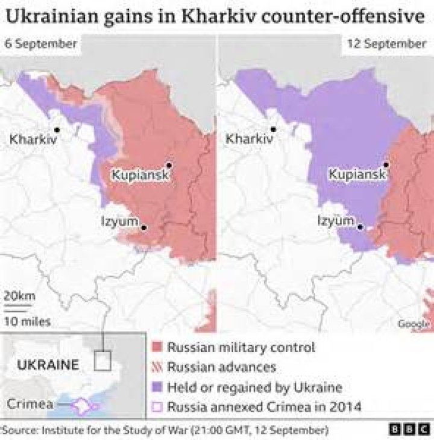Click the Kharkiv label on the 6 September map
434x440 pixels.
(x=34, y=139)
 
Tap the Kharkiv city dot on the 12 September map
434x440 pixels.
(x=274, y=129)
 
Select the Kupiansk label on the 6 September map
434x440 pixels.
(x=139, y=175)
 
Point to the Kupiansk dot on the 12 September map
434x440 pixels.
(x=385, y=165)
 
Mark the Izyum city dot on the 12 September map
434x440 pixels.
(x=360, y=227)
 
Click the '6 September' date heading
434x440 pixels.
(x=40, y=44)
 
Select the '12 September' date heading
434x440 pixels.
(x=386, y=44)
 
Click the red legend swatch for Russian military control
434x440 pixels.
(x=157, y=348)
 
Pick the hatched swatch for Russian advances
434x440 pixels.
(x=157, y=367)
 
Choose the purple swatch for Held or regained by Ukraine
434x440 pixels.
(x=157, y=387)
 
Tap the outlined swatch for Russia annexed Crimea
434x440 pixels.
(x=157, y=407)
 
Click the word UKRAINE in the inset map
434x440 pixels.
(x=48, y=365)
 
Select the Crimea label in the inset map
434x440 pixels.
(x=30, y=403)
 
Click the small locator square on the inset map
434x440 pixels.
(x=103, y=361)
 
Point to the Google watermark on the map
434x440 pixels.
(x=413, y=324)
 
